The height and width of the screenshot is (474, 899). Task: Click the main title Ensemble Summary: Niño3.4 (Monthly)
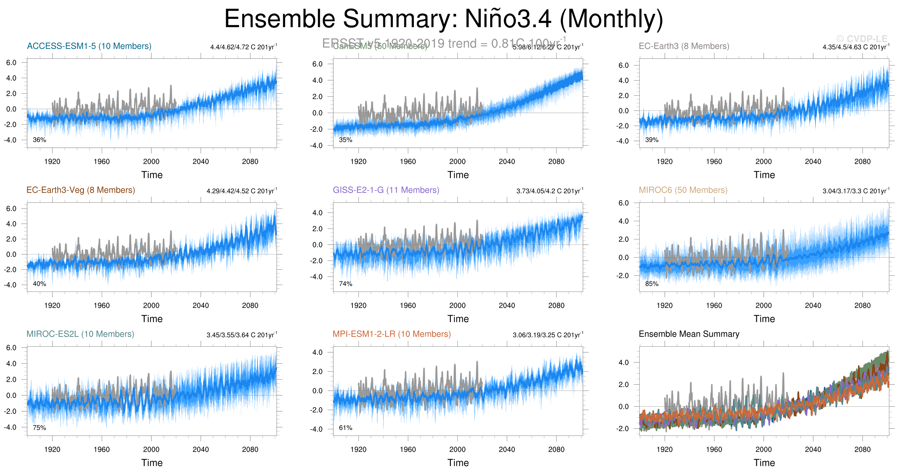pos(443,19)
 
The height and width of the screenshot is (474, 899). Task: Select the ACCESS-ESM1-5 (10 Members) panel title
pos(89,46)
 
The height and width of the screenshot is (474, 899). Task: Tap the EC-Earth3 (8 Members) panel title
pos(684,46)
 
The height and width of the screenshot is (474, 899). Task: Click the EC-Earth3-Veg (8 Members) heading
pos(81,190)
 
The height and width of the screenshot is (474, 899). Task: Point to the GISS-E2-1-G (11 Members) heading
pos(386,190)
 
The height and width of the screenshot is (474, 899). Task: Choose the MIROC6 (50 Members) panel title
pos(683,190)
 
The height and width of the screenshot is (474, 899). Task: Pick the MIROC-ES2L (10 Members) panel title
pos(80,334)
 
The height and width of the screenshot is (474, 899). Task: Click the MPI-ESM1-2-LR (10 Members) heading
pos(392,334)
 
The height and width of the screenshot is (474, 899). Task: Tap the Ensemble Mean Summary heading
pos(689,334)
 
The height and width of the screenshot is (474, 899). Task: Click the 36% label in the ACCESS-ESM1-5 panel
pos(39,140)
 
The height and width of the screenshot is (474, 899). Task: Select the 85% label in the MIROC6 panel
pos(652,284)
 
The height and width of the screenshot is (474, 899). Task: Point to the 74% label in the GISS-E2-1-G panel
pos(345,284)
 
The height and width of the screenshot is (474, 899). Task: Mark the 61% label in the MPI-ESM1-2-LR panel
pos(345,428)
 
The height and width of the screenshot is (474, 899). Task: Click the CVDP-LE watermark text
pos(865,39)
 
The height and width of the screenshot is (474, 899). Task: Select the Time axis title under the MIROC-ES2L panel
pos(152,463)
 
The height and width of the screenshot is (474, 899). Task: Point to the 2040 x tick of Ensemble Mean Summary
pos(813,449)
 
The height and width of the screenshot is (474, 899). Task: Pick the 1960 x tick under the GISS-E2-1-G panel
pos(408,305)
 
